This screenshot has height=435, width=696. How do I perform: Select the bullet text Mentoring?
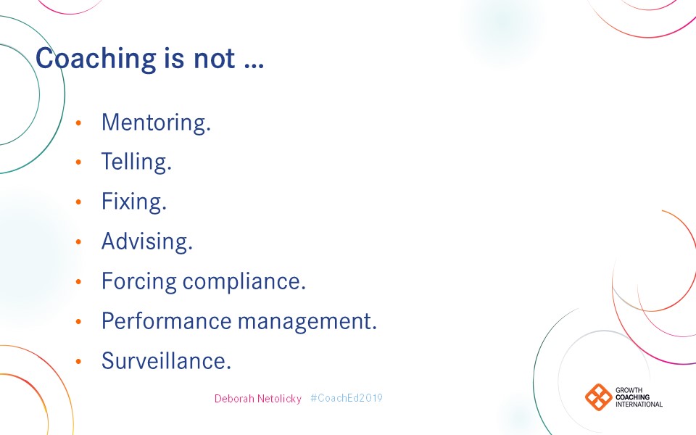156,122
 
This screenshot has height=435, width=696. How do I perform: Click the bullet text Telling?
136,161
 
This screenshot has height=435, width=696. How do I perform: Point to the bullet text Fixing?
134,201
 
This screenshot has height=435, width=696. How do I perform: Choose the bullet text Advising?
146,241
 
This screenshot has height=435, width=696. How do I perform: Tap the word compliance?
244,281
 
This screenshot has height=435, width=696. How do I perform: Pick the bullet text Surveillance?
166,360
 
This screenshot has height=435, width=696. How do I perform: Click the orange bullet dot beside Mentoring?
79,123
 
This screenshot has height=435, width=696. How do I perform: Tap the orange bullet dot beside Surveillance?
79,361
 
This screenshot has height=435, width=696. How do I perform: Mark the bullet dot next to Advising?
79,241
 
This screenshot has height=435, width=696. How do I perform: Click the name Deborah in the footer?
233,399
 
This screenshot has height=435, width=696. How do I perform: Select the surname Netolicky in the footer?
278,399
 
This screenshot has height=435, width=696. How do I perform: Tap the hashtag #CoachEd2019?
346,398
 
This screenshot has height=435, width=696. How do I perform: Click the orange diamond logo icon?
599,397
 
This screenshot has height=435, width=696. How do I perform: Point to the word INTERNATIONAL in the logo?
639,404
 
